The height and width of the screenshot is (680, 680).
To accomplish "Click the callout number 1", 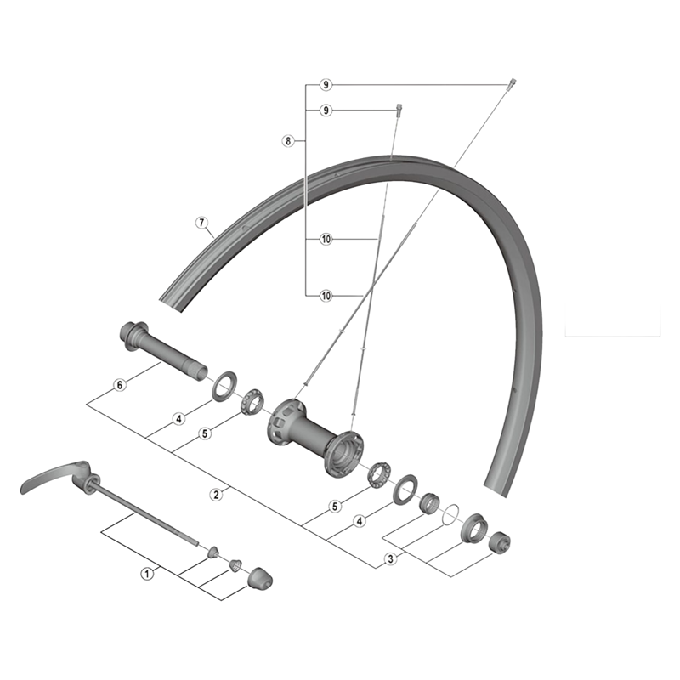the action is tap(147, 573).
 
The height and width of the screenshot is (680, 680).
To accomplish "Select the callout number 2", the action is tap(216, 495).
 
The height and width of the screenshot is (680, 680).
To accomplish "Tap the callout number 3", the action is tap(390, 559).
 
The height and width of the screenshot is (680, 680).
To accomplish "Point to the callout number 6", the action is tap(120, 385).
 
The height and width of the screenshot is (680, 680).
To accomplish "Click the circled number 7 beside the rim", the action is tap(201, 223).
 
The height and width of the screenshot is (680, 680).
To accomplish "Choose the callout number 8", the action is tap(288, 141).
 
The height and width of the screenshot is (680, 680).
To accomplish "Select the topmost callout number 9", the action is tap(326, 85).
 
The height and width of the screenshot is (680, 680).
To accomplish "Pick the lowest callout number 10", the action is tap(326, 296).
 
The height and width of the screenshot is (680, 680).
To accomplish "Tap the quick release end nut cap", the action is tap(260, 578).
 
